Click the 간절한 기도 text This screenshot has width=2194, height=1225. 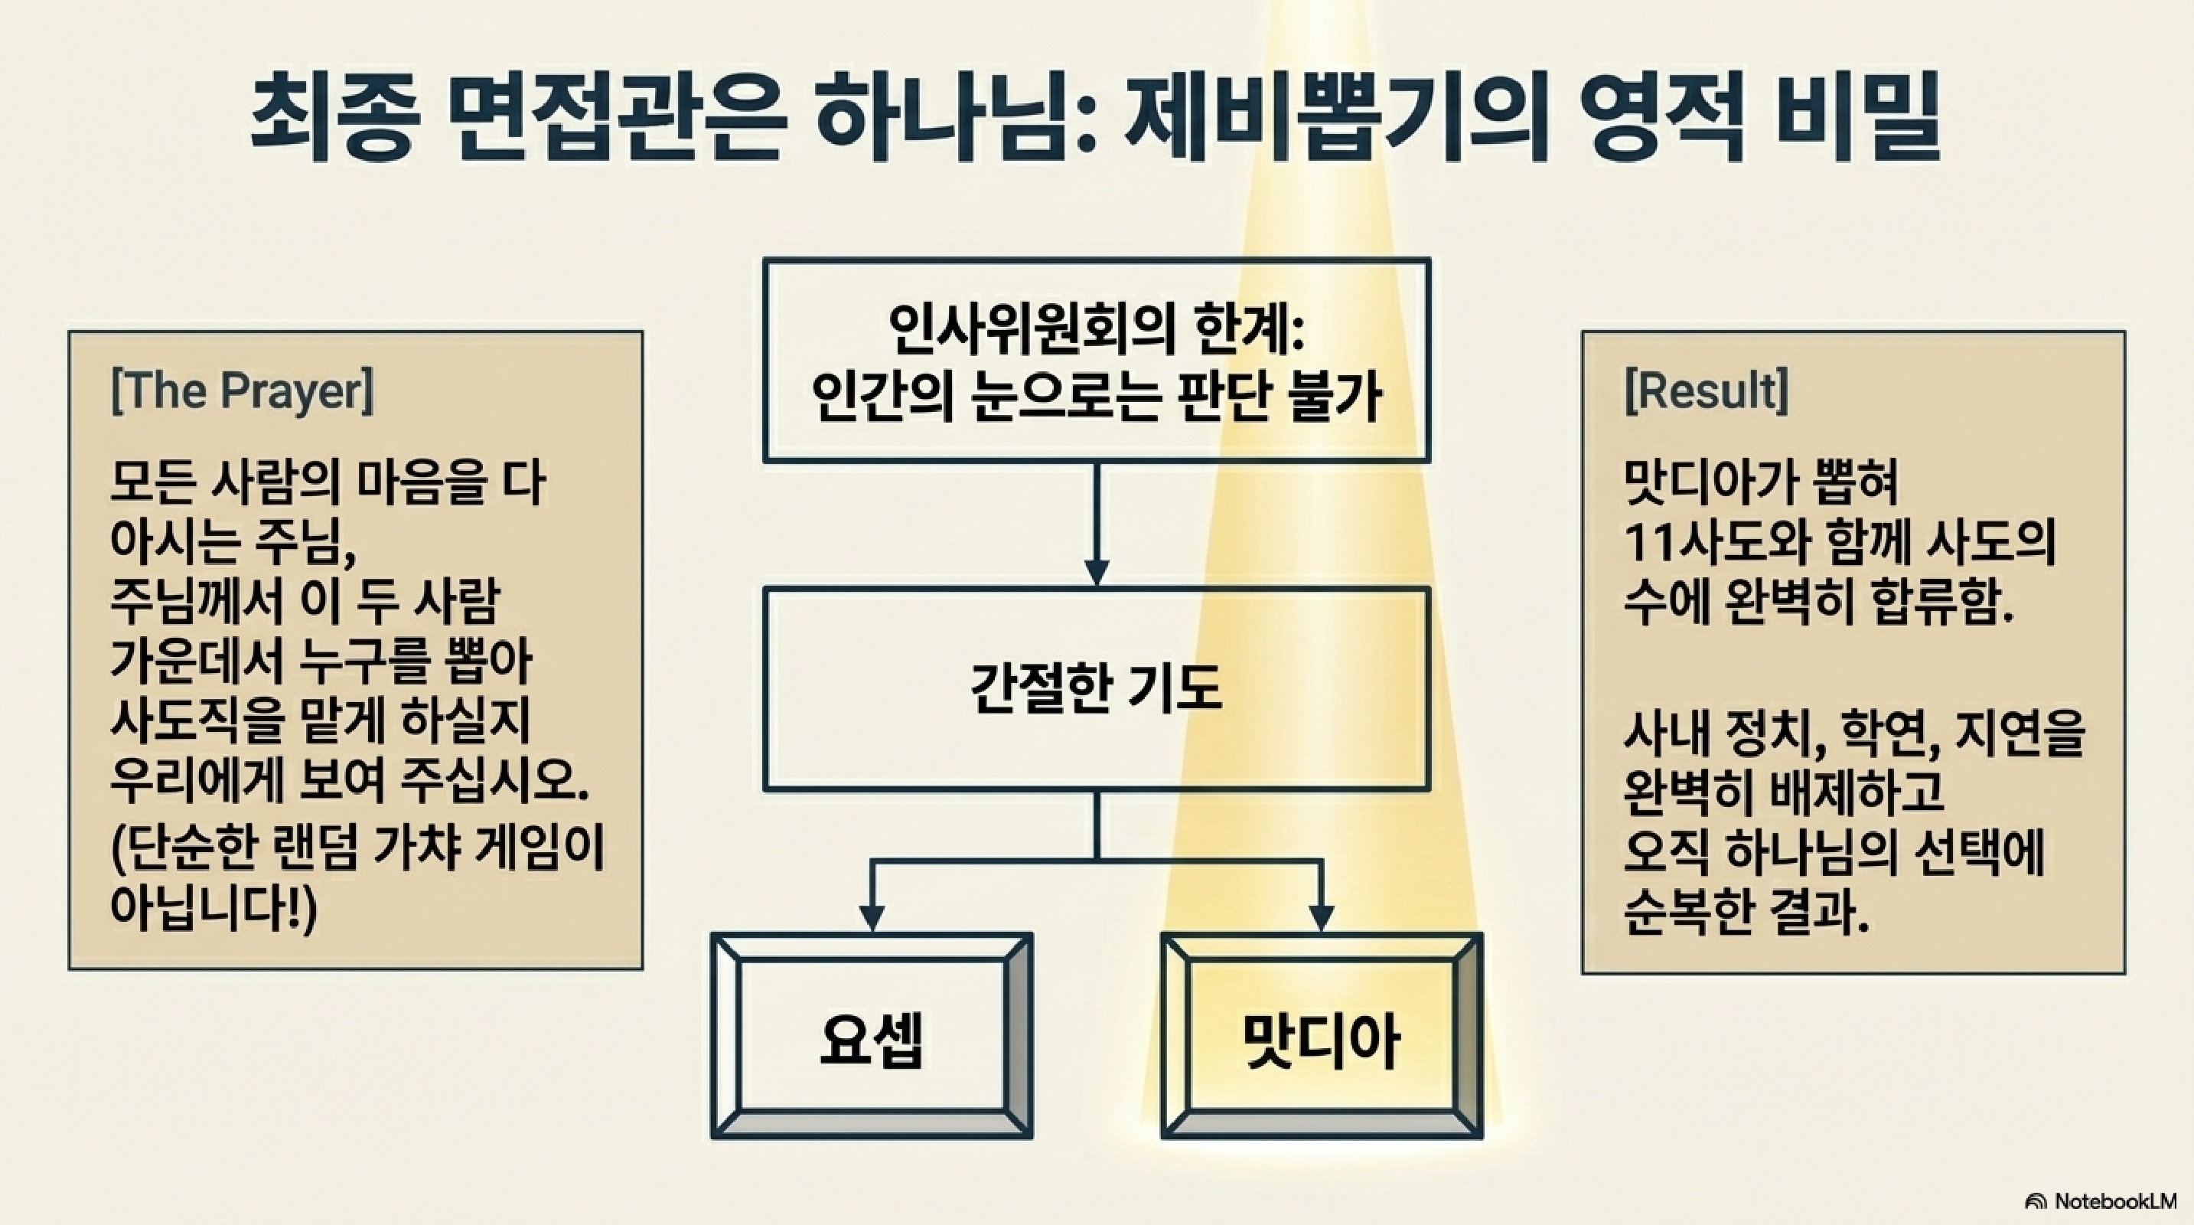pyautogui.click(x=1096, y=688)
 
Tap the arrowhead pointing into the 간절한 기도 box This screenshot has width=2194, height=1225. pyautogui.click(x=1096, y=573)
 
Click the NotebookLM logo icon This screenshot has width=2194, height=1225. pyautogui.click(x=2036, y=1202)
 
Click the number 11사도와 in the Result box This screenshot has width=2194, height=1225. pyautogui.click(x=1707, y=543)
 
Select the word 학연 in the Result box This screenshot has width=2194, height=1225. pyautogui.click(x=1889, y=734)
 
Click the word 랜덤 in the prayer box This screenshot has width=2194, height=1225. pyautogui.click(x=321, y=850)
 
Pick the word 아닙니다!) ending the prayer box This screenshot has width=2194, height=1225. pyautogui.click(x=213, y=910)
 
